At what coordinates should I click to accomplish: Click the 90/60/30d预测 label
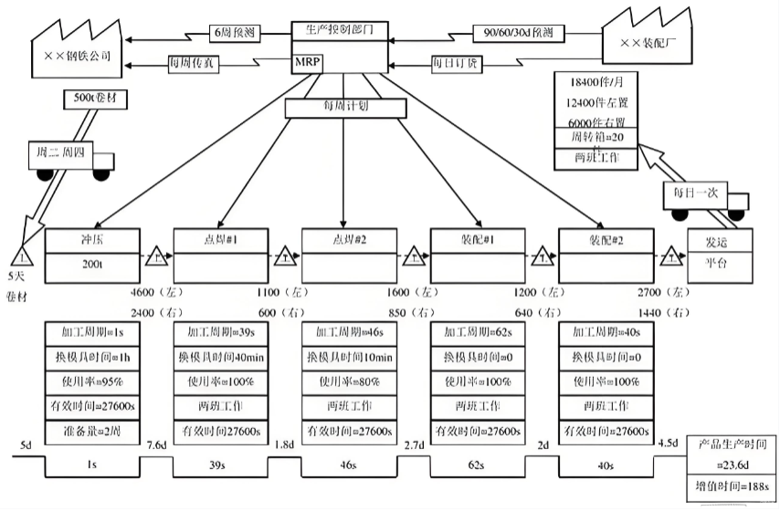pyautogui.click(x=517, y=32)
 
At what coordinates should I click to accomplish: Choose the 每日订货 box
pyautogui.click(x=457, y=64)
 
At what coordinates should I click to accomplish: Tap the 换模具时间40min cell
pyautogui.click(x=220, y=355)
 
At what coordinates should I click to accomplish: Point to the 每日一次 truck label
pyautogui.click(x=696, y=194)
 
